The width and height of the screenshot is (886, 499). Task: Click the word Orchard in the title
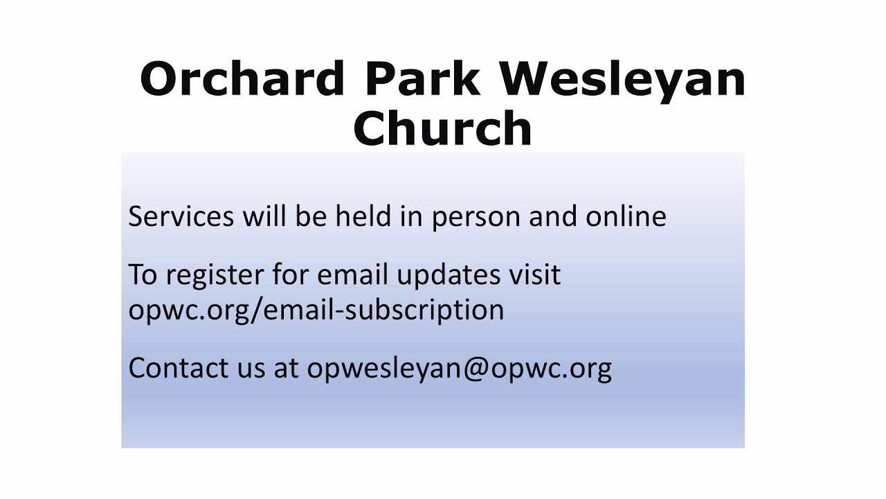[242, 78]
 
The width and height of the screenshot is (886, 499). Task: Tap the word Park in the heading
[422, 78]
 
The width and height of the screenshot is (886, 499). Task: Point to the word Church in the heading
[442, 128]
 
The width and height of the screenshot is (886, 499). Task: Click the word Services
[181, 216]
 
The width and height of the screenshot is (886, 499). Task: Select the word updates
[449, 276]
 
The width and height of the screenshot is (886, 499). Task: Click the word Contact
[179, 367]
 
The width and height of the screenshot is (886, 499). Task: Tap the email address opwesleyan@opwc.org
[459, 369]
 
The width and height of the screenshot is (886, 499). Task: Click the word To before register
[143, 274]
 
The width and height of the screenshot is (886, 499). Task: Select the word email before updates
[352, 273]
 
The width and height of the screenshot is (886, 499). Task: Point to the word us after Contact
[251, 371]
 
